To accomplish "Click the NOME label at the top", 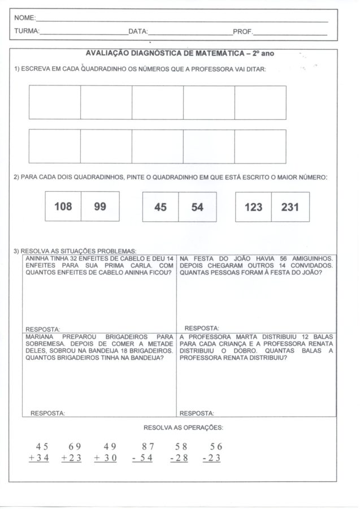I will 25,19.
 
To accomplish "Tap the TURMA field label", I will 27,32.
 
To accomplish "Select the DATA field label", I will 138,32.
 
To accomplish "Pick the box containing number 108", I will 63,206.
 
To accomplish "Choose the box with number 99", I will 100,206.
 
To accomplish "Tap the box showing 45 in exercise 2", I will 161,207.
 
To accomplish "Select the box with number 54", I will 197,207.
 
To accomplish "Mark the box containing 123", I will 253,207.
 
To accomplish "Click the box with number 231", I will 290,207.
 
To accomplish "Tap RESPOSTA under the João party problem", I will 202,328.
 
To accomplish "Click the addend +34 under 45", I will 39,458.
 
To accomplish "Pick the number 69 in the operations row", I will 75,446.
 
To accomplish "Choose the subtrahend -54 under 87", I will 142,458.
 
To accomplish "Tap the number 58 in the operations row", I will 181,446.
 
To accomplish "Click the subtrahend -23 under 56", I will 212,458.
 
